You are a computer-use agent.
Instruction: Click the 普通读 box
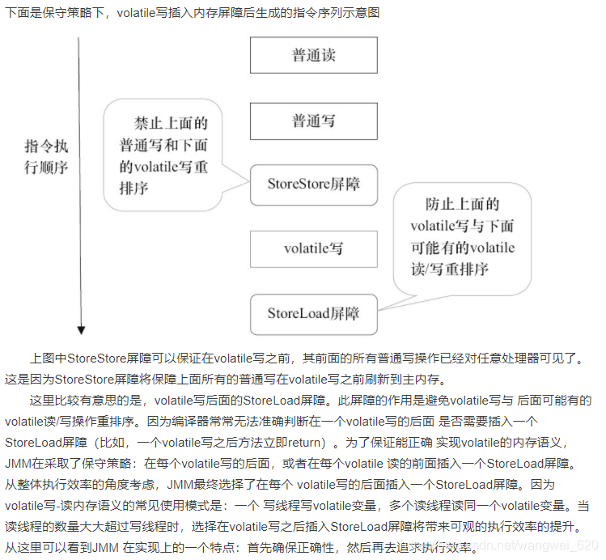tap(313, 56)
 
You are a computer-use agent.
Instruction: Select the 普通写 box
tap(313, 121)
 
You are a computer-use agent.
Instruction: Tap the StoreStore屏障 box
tap(313, 185)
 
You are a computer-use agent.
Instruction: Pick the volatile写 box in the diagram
tap(313, 248)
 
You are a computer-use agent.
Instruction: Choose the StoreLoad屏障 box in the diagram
tap(313, 313)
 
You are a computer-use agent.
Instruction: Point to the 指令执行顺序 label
tap(46, 158)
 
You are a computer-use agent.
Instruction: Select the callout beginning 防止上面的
tap(462, 236)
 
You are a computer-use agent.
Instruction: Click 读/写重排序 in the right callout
tap(449, 269)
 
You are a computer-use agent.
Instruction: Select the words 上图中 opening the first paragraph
tap(48, 358)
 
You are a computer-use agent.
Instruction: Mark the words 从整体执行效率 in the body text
tap(48, 485)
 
